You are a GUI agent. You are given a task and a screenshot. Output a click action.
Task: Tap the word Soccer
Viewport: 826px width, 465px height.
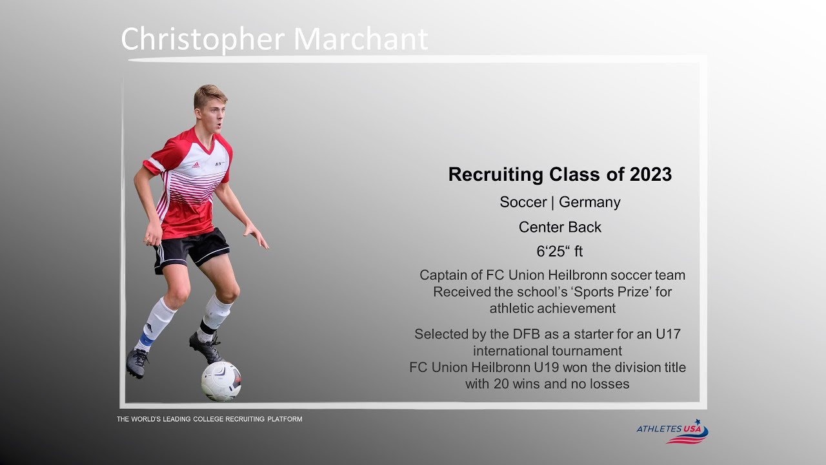coord(523,202)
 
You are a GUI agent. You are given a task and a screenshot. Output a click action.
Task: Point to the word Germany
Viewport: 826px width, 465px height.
coord(590,202)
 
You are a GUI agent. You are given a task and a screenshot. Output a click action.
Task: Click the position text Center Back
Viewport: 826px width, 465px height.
coord(559,227)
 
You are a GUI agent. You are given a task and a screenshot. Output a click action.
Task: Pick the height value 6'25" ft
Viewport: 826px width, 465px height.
coord(559,252)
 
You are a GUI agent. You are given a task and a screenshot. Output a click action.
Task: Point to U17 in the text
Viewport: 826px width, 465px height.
coord(667,335)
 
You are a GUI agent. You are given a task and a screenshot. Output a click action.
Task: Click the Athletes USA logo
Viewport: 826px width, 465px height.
coord(672,431)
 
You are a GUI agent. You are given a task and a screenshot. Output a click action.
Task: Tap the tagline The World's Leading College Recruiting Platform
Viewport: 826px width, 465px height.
coord(209,419)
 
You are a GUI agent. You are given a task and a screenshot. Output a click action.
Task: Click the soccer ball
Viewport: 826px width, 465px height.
coord(221,381)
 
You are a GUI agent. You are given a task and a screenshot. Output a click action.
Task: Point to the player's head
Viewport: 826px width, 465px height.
coord(210,107)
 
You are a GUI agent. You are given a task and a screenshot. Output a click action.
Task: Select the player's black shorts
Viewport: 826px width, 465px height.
coord(192,249)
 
